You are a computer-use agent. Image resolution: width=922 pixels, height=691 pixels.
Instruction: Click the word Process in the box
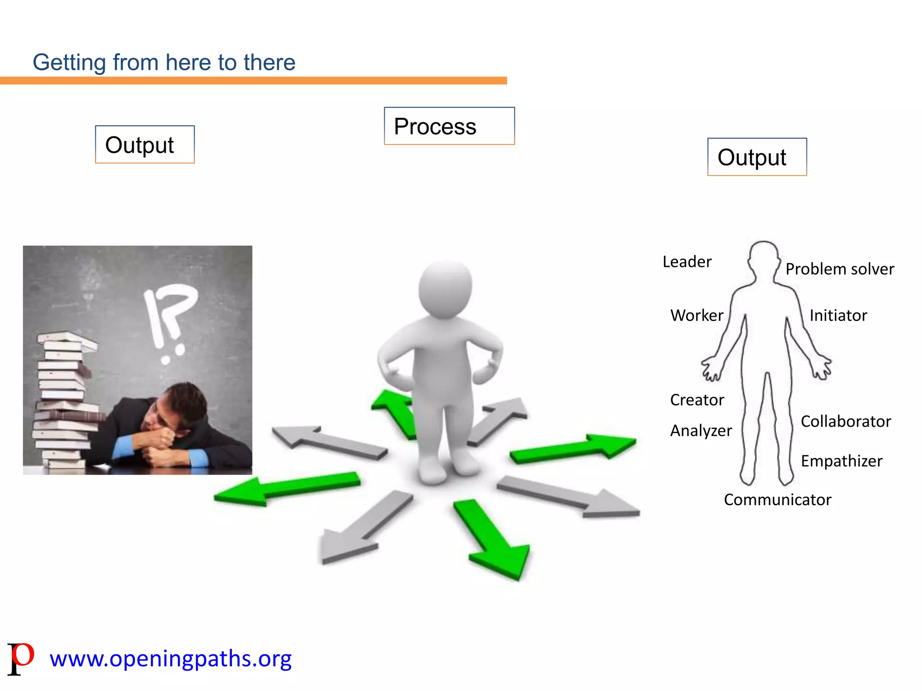[435, 126]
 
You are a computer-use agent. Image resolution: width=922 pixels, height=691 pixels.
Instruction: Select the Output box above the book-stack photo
[145, 144]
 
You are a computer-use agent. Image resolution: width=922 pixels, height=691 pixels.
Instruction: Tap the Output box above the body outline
[757, 157]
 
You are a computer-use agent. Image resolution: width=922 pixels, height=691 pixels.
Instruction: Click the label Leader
[687, 262]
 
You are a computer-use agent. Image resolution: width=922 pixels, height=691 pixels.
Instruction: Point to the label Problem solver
[840, 269]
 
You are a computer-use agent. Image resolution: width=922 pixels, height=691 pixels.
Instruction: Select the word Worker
[696, 315]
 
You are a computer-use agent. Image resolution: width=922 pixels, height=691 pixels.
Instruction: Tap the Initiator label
[838, 315]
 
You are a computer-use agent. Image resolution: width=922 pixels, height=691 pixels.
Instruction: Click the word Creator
[697, 400]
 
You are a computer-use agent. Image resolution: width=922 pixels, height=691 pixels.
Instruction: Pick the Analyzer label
[701, 431]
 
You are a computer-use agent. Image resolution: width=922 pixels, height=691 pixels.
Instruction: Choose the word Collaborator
[846, 422]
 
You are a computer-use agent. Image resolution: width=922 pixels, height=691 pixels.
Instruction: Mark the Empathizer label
[841, 461]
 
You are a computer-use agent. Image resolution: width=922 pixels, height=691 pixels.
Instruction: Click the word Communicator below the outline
[777, 500]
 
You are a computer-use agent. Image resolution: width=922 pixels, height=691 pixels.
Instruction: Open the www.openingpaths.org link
[171, 659]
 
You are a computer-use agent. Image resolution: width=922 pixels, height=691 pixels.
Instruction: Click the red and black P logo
[21, 658]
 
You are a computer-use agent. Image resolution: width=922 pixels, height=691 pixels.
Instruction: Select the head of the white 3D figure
[445, 289]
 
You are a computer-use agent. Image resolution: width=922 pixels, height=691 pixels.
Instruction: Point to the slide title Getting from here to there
[164, 62]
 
